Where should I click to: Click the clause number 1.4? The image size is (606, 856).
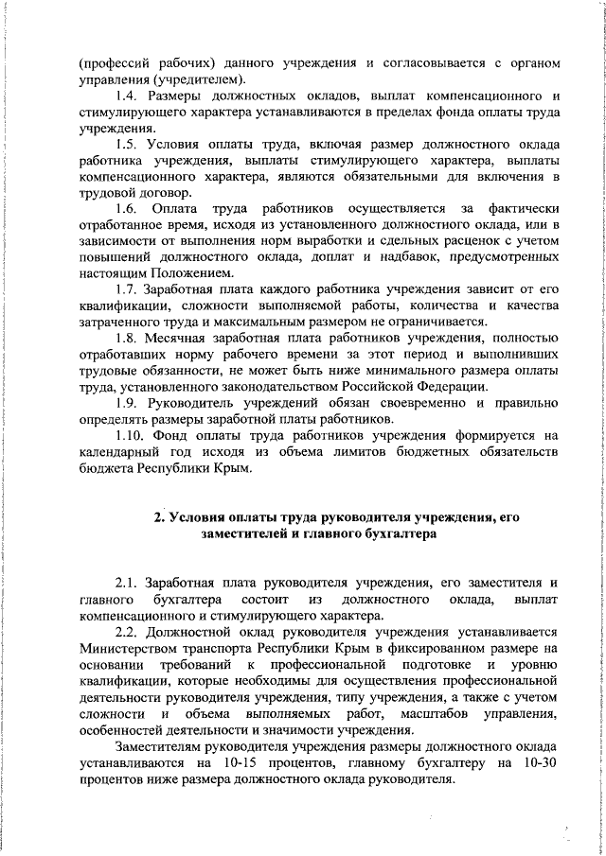(x=128, y=96)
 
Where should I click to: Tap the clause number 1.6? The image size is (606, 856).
(x=127, y=207)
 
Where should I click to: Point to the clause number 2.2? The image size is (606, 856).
(x=128, y=633)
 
